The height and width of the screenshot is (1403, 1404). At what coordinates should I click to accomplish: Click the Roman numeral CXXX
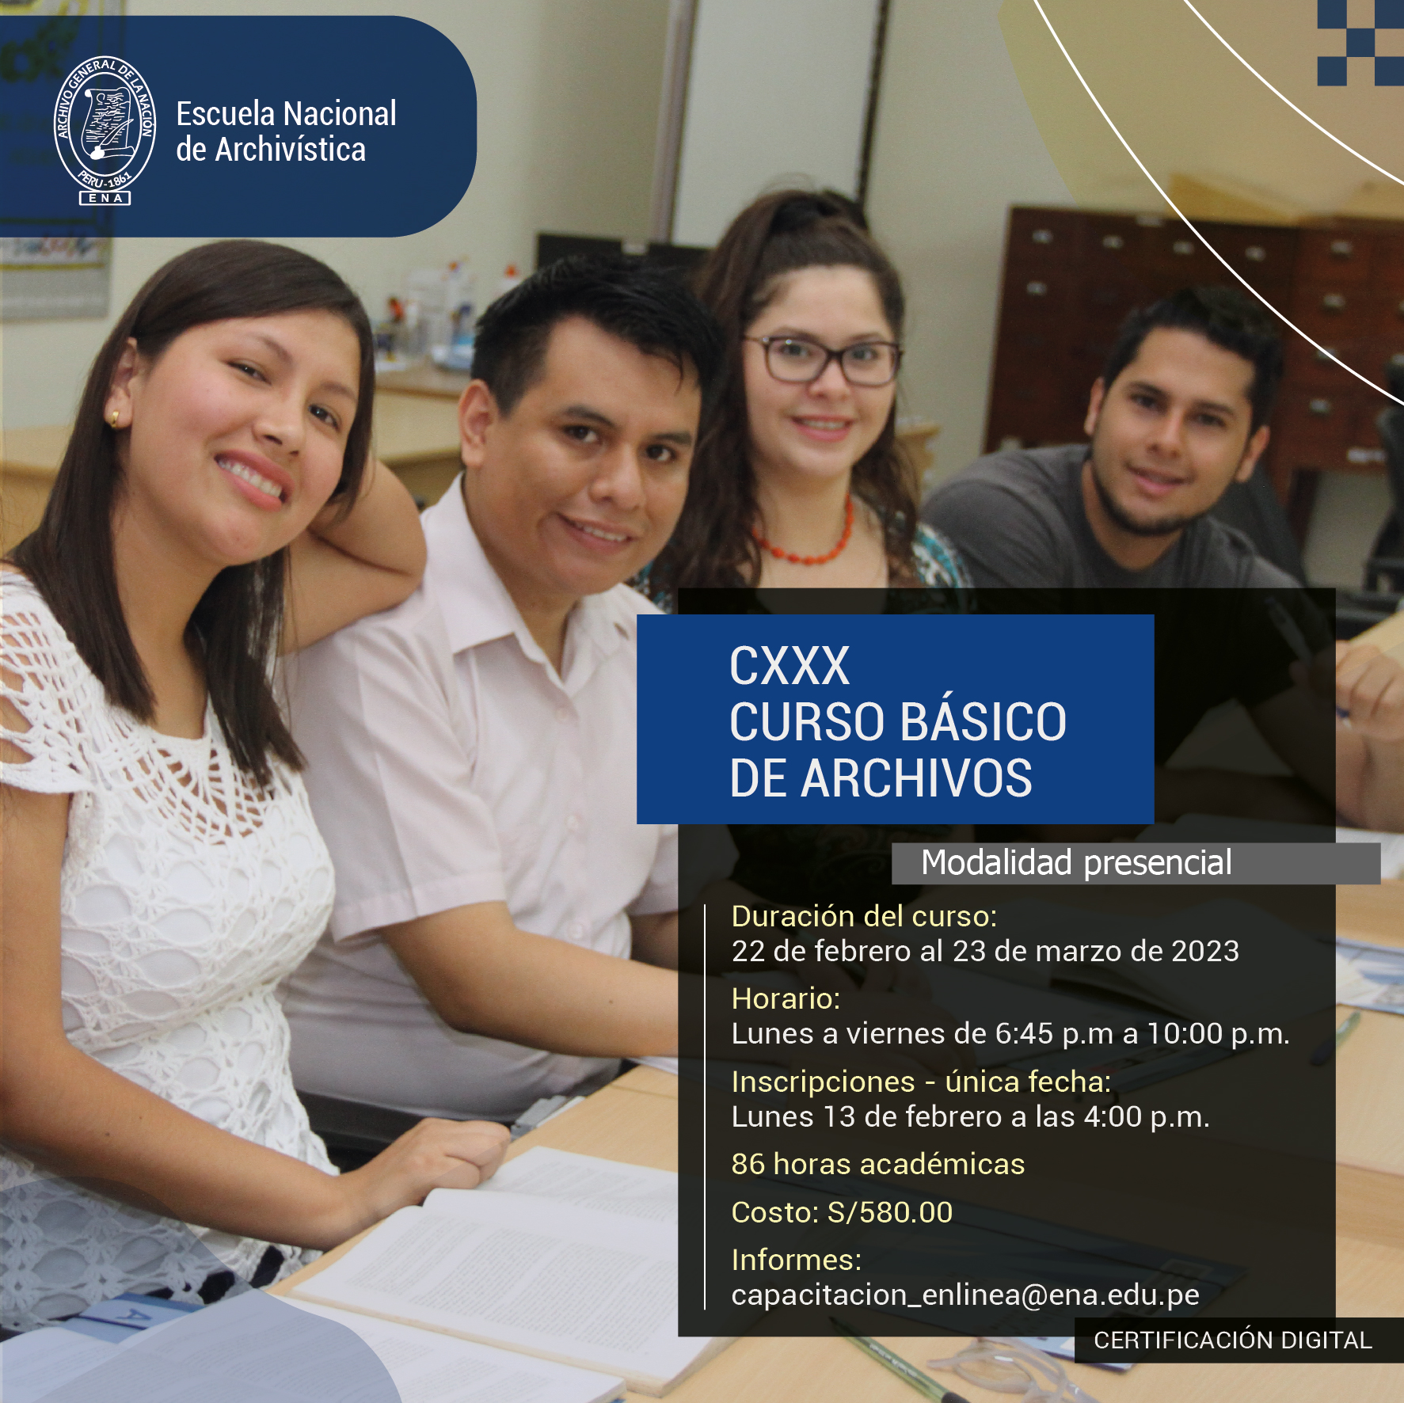(x=789, y=666)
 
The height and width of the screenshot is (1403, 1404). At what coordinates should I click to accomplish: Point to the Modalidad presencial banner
(x=1136, y=863)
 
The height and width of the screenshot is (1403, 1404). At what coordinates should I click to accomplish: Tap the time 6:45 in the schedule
(x=1024, y=1034)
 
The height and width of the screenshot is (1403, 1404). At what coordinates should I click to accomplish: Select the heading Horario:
(x=786, y=999)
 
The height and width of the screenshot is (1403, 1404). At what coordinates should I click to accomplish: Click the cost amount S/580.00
(x=890, y=1212)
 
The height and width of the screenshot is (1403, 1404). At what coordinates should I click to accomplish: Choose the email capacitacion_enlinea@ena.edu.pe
(x=965, y=1295)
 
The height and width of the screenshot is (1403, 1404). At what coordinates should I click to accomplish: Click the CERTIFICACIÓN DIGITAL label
(x=1232, y=1340)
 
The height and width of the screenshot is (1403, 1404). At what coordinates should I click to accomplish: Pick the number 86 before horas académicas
(x=748, y=1165)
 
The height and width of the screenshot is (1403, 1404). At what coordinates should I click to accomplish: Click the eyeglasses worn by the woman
(x=821, y=360)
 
